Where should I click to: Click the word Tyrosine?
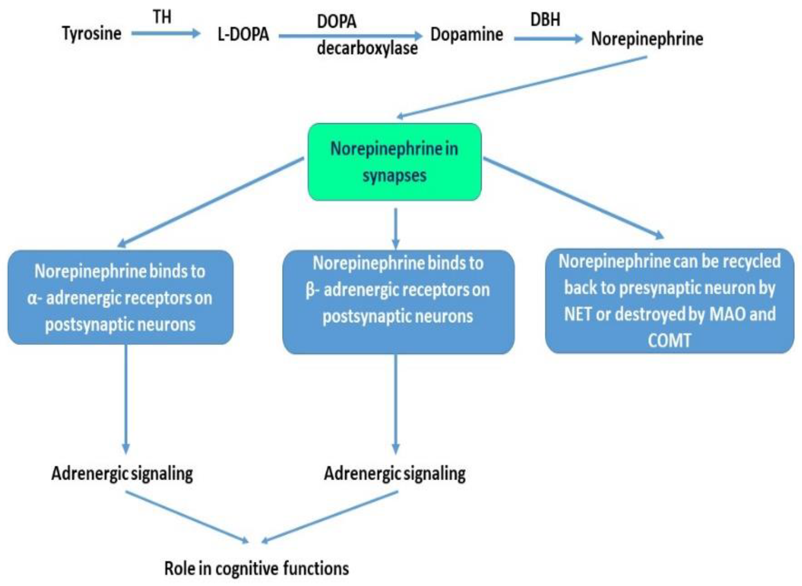coord(92,34)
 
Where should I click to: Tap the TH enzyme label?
coord(162,17)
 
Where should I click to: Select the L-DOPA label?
coord(243,35)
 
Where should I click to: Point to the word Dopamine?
coord(467,35)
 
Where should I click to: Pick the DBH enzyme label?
coord(545,19)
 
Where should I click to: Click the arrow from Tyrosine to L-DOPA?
coord(165,34)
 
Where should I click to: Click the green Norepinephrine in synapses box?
coord(394,162)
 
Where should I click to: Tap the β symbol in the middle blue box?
coord(310,290)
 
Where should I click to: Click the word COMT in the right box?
coord(669,341)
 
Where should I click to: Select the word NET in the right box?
coord(578,314)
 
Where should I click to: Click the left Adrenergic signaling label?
coord(122,474)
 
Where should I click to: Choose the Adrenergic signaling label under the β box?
coord(394,474)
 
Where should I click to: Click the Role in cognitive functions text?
coord(256,568)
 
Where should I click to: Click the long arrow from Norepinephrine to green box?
coord(522,87)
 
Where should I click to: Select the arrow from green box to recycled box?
coord(573,198)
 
